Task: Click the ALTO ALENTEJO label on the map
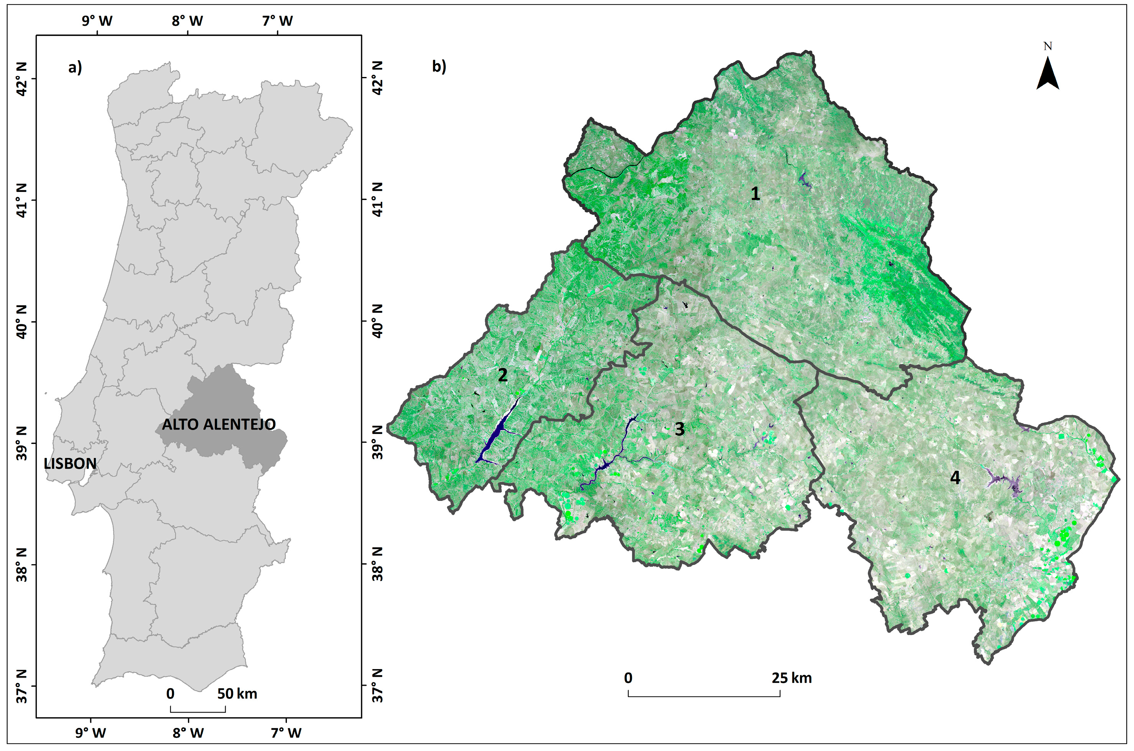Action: coord(219,424)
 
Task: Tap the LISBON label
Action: coord(70,464)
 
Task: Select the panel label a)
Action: coord(75,67)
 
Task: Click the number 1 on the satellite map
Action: coord(755,194)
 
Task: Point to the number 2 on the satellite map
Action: coord(502,375)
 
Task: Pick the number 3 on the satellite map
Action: coord(679,429)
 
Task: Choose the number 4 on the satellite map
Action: coord(955,478)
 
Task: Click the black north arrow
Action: coord(1048,74)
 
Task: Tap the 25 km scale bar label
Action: coord(792,678)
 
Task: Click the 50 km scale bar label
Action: coord(237,694)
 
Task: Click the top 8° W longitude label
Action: coord(187,21)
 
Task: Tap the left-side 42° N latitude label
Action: coord(22,79)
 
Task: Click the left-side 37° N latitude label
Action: coord(22,686)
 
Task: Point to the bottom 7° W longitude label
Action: coord(286,733)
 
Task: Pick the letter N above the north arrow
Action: coord(1048,46)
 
